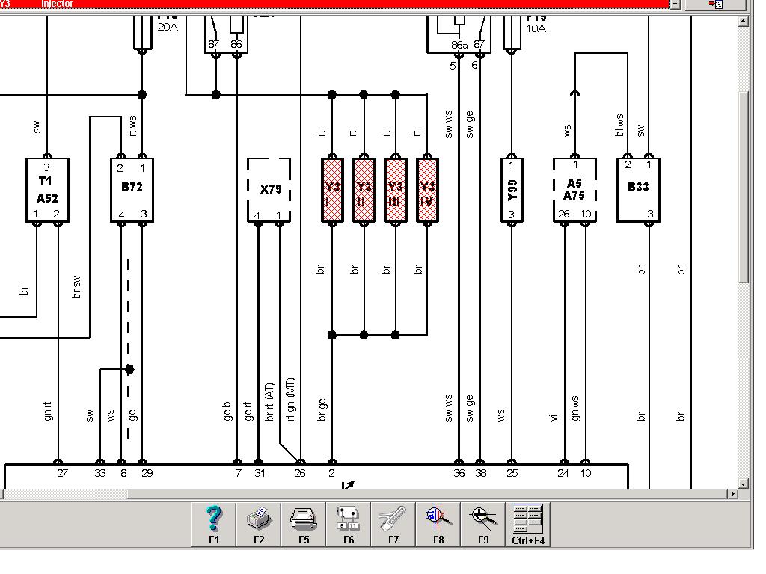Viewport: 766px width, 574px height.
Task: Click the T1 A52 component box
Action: (x=47, y=190)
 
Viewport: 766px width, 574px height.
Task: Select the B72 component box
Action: (x=132, y=190)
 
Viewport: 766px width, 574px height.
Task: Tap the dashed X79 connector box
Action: (x=269, y=190)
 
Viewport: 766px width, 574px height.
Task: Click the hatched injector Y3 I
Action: (x=332, y=190)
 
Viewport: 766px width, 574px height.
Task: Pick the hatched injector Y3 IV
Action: (x=427, y=190)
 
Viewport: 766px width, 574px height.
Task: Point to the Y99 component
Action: (x=512, y=190)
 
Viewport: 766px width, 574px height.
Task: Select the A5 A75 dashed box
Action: (x=574, y=190)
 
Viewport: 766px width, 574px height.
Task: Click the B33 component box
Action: (x=638, y=190)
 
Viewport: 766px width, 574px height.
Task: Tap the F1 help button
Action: (x=214, y=523)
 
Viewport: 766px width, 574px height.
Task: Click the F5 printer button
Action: (x=304, y=523)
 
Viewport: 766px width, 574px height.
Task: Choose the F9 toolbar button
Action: (x=483, y=523)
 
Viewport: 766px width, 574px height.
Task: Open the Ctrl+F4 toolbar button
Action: (x=528, y=523)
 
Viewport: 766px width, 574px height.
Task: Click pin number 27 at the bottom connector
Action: (x=62, y=473)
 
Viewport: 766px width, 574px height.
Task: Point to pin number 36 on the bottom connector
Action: (x=459, y=473)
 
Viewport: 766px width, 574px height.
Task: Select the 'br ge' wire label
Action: (x=322, y=410)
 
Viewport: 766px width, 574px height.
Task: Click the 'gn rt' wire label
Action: (x=48, y=410)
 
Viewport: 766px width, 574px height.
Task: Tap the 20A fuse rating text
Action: (x=167, y=28)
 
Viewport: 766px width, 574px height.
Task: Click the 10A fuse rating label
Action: (x=536, y=28)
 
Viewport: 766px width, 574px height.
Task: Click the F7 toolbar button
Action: (x=393, y=523)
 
